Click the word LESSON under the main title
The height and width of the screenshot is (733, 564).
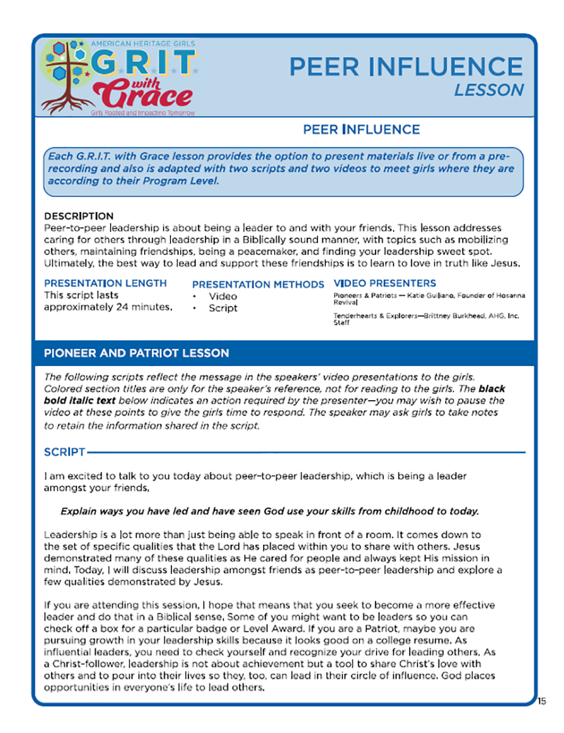pos(489,90)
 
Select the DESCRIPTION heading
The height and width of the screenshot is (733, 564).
pos(79,216)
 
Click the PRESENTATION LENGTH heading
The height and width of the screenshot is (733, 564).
pos(105,283)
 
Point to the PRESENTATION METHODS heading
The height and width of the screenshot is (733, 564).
pos(258,285)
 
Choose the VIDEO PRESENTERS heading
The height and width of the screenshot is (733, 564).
pos(385,283)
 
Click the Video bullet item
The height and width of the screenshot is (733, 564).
pos(223,296)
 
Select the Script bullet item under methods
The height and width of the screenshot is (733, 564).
pos(223,308)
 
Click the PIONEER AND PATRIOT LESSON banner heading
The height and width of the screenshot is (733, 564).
pos(137,354)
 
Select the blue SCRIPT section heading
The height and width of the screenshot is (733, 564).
pos(64,453)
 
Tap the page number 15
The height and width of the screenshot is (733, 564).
pos(542,701)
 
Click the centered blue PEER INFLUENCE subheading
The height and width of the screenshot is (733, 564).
pos(361,129)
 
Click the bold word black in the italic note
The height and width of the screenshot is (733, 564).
pos(492,388)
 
